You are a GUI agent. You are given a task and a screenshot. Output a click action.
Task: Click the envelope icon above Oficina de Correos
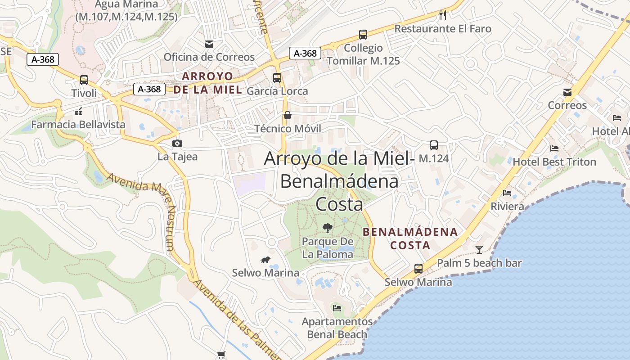pos(209,44)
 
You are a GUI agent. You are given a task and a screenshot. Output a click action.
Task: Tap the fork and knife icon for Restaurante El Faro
pos(443,15)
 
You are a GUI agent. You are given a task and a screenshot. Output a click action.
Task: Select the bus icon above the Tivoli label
pos(84,80)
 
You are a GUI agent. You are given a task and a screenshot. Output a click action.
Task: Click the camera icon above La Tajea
pos(177,143)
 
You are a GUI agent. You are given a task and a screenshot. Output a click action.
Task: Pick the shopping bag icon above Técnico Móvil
pos(288,115)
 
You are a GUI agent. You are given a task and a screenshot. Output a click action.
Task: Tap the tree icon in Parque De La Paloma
pos(328,228)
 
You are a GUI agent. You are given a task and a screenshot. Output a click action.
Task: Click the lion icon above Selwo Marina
pos(265,260)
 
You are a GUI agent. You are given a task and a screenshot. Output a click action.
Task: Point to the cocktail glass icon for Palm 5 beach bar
pos(479,249)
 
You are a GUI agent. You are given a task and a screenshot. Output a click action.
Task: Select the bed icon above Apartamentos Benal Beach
pos(337,308)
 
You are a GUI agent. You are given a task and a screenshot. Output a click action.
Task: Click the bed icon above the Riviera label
pos(507,193)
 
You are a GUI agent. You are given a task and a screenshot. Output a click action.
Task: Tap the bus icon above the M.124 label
pos(434,145)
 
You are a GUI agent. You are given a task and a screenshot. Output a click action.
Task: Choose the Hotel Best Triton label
pos(554,162)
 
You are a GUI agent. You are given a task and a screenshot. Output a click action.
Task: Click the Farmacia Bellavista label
pos(78,124)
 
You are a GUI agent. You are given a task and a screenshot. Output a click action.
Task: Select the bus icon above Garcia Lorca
pos(277,77)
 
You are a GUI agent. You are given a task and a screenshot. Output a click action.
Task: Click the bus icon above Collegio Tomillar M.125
pos(363,34)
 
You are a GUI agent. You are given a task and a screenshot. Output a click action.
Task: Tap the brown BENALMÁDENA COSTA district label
pos(410,238)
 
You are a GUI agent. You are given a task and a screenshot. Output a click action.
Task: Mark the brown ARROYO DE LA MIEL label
pos(208,82)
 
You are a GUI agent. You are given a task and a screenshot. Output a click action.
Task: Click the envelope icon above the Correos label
pos(567,92)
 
